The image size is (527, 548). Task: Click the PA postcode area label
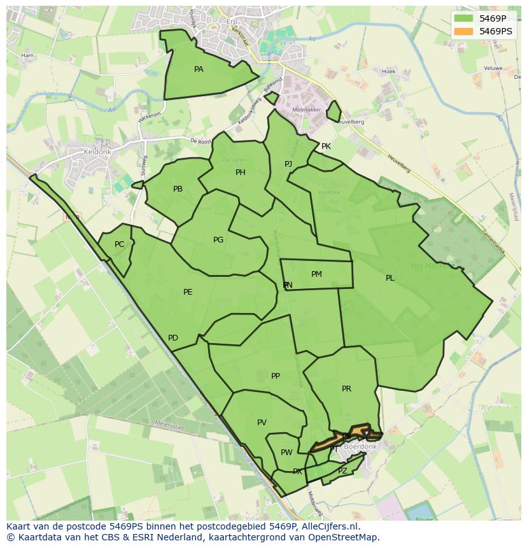pos(199,69)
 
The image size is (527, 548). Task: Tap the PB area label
pos(178,189)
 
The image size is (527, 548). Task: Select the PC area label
pos(119,244)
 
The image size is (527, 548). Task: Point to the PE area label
pos(188,292)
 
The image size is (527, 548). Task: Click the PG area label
pos(218,240)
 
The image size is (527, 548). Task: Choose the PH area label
pos(240,172)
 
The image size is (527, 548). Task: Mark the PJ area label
pos(288,164)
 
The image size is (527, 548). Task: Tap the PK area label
pos(326,146)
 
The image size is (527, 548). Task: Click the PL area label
pos(390,278)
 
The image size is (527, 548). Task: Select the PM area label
pos(316,274)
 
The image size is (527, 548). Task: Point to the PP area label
pos(276,376)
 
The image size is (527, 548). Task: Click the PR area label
pos(346,389)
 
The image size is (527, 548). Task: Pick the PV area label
pos(262,423)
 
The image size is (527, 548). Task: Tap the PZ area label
pos(342,471)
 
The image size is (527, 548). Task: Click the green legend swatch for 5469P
pos(465,18)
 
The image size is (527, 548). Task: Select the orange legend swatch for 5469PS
pos(465,31)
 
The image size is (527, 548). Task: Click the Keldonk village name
pos(97,153)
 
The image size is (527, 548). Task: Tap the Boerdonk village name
pos(360,447)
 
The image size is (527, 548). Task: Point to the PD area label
pos(173,338)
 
